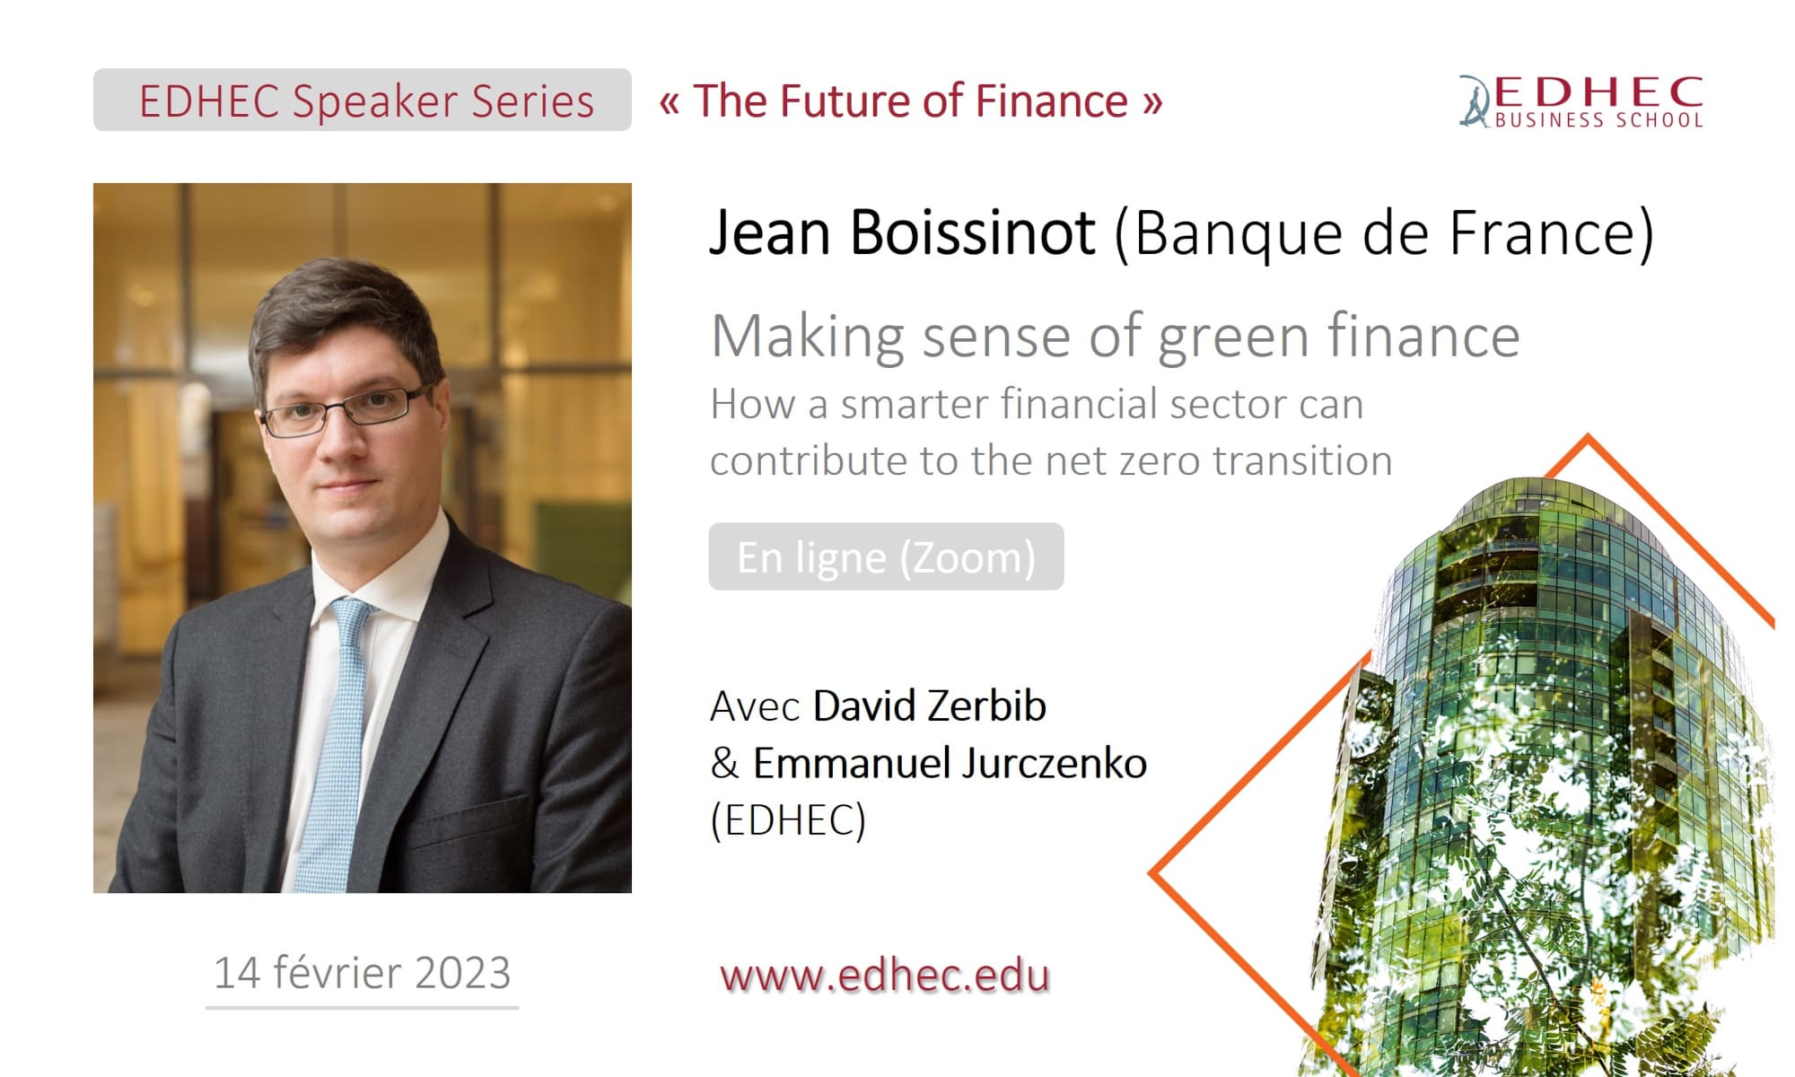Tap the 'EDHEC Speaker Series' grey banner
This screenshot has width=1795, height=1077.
pos(363,100)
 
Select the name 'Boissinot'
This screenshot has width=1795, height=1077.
pos(973,233)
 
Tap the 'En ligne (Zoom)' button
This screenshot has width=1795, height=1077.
pos(886,556)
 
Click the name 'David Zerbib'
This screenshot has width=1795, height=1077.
pos(930,705)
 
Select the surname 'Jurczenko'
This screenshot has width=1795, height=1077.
pos(1055,763)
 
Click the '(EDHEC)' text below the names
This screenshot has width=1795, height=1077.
pos(788,820)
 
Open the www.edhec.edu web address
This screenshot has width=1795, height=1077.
pos(885,976)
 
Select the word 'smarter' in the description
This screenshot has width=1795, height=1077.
pos(915,405)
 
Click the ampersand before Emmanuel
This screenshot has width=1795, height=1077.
pos(724,763)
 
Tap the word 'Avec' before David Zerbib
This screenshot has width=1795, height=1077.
pos(755,706)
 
